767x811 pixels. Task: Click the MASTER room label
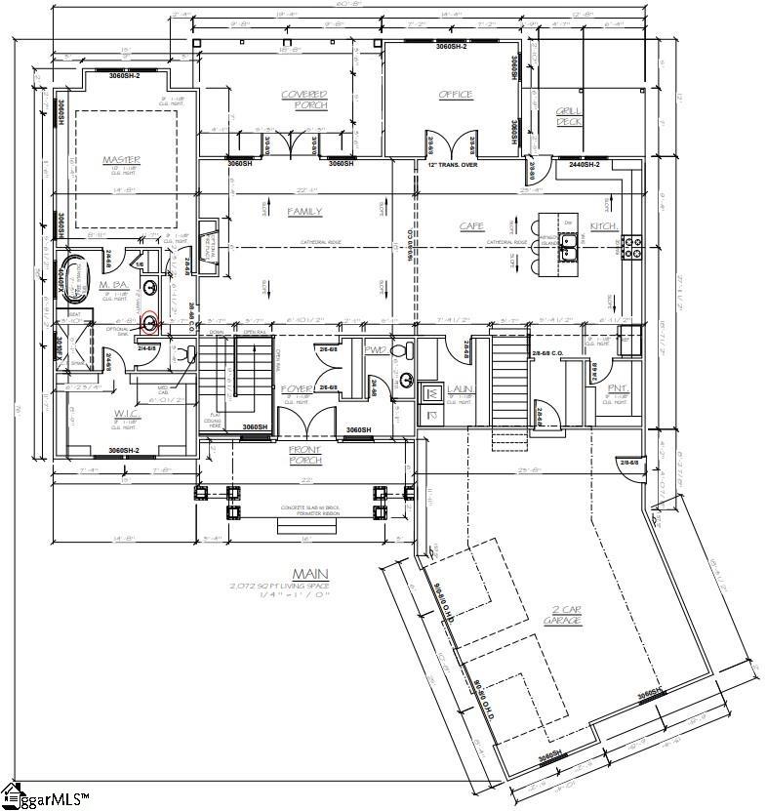[122, 159]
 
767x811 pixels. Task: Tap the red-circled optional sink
[150, 323]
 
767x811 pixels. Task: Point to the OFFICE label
[456, 95]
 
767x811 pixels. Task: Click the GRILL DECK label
[570, 116]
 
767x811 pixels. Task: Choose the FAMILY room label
[304, 211]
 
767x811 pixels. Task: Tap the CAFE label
[472, 226]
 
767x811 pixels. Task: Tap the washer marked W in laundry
[430, 394]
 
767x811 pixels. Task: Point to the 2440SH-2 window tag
[585, 164]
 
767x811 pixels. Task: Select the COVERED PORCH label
[304, 100]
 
